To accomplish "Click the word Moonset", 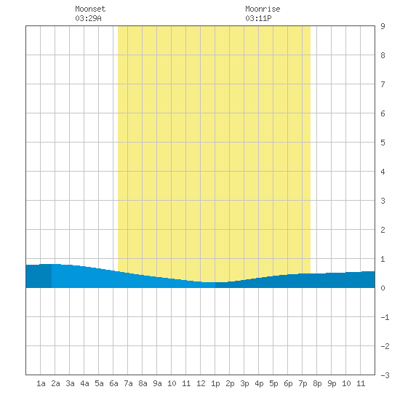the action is click(x=90, y=9).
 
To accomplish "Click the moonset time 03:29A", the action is click(x=88, y=18).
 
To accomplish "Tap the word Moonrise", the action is click(x=263, y=9).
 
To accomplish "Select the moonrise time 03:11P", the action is click(x=258, y=18).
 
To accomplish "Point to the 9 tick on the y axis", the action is click(x=383, y=26).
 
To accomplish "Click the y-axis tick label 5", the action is click(x=383, y=143).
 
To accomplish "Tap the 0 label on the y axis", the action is click(x=383, y=288).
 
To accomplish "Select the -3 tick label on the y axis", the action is click(x=385, y=375).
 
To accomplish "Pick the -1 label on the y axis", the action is click(x=385, y=317).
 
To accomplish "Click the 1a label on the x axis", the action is click(x=41, y=383).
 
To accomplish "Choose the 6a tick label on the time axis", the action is click(x=113, y=383).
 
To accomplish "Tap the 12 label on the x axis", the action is click(x=201, y=383).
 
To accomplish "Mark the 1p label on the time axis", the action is click(x=215, y=383).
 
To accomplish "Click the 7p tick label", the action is click(x=303, y=383).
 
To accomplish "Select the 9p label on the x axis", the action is click(x=332, y=383).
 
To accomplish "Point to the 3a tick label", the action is click(x=70, y=383).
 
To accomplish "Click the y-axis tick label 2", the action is click(x=383, y=230).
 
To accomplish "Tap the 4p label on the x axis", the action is click(x=259, y=383).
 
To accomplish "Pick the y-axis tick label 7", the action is click(x=383, y=84).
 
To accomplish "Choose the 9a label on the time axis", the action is click(x=157, y=383).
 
